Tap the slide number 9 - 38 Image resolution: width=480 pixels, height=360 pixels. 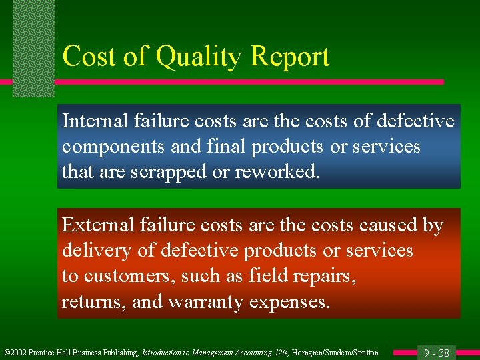click(436, 353)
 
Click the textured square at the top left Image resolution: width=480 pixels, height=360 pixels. click(33, 47)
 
